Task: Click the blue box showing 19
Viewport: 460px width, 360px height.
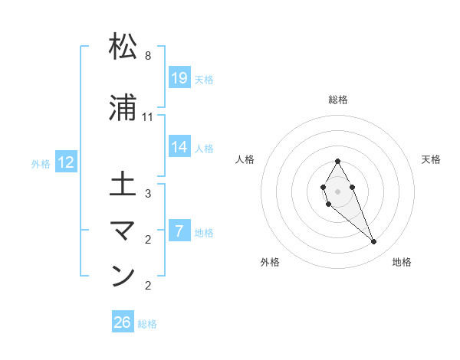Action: (179, 77)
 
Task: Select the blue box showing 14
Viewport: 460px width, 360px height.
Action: (179, 148)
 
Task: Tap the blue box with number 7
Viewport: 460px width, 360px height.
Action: (179, 231)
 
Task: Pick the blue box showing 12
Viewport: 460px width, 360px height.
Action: (66, 162)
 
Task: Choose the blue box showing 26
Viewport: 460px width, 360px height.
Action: (123, 322)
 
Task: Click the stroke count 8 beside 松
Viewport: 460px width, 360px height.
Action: (148, 56)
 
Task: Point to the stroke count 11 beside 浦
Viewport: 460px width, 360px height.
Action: (148, 117)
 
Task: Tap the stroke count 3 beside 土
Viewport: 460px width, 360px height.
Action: (148, 194)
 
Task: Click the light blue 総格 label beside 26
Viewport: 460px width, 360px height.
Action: (147, 324)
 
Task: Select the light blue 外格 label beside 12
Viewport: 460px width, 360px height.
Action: (41, 163)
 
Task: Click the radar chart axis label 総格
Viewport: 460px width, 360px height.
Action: (338, 100)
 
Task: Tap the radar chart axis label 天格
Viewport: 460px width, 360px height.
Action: (432, 159)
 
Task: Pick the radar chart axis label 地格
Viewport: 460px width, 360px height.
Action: (402, 262)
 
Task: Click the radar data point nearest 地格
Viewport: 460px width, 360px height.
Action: (373, 242)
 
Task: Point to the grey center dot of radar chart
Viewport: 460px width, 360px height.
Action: (337, 190)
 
